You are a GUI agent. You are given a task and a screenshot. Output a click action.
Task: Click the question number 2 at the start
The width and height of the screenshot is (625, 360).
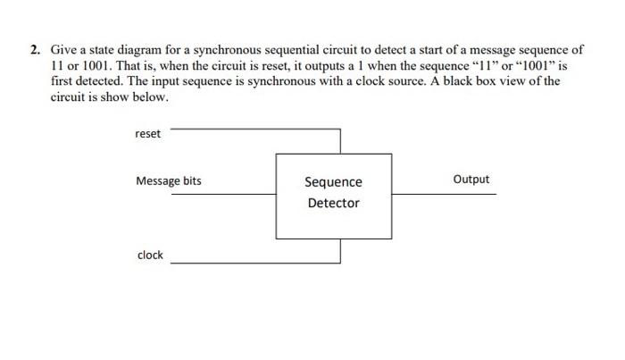click(34, 51)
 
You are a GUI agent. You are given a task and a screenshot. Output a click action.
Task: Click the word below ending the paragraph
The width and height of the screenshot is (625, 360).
click(149, 96)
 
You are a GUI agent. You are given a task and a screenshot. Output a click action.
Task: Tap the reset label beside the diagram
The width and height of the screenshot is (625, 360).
click(148, 134)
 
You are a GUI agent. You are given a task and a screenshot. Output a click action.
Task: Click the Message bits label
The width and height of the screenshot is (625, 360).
click(169, 181)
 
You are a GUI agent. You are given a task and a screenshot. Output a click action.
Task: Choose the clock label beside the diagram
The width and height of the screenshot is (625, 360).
click(150, 255)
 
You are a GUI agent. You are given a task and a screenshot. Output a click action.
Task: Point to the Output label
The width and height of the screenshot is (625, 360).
click(471, 180)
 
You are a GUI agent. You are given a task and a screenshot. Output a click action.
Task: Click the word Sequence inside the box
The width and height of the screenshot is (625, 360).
click(333, 182)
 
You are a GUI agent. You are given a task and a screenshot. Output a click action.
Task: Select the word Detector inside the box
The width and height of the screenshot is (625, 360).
click(333, 203)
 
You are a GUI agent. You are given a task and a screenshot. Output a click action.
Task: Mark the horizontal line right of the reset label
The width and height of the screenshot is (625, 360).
click(254, 129)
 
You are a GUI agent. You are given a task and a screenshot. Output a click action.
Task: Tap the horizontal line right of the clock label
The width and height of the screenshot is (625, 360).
click(254, 264)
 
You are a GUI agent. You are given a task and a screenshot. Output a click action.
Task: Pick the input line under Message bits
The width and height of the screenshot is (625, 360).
click(223, 194)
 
